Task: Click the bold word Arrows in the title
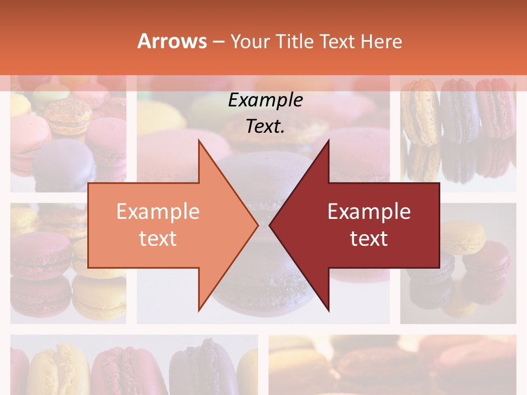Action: (x=172, y=41)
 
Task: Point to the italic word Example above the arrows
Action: (x=265, y=100)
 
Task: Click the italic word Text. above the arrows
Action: (x=265, y=127)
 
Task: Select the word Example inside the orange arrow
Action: (x=158, y=212)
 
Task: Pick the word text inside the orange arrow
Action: (x=158, y=238)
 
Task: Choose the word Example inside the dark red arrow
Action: (x=369, y=212)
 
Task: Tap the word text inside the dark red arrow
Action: (x=369, y=238)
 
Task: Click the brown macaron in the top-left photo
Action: (x=68, y=116)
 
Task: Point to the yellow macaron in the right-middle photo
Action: (x=466, y=236)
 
